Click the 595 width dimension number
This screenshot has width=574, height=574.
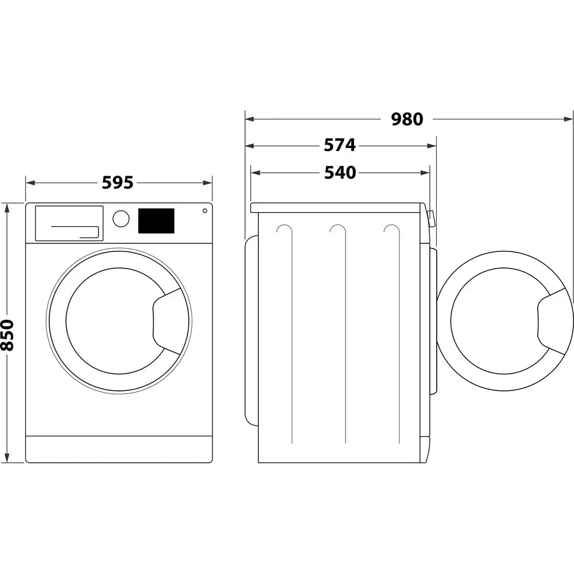[x=118, y=183]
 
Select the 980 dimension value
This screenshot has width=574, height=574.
[x=407, y=119]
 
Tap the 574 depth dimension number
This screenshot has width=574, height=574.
[x=340, y=146]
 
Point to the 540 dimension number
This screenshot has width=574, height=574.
[x=340, y=172]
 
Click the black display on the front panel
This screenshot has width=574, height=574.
[x=156, y=221]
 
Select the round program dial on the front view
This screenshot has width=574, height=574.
[x=121, y=219]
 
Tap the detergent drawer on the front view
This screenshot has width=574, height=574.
[x=69, y=223]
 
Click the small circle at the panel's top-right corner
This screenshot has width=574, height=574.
[x=204, y=211]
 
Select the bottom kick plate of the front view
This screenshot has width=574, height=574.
[x=119, y=449]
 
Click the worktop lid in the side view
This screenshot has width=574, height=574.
[x=339, y=207]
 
